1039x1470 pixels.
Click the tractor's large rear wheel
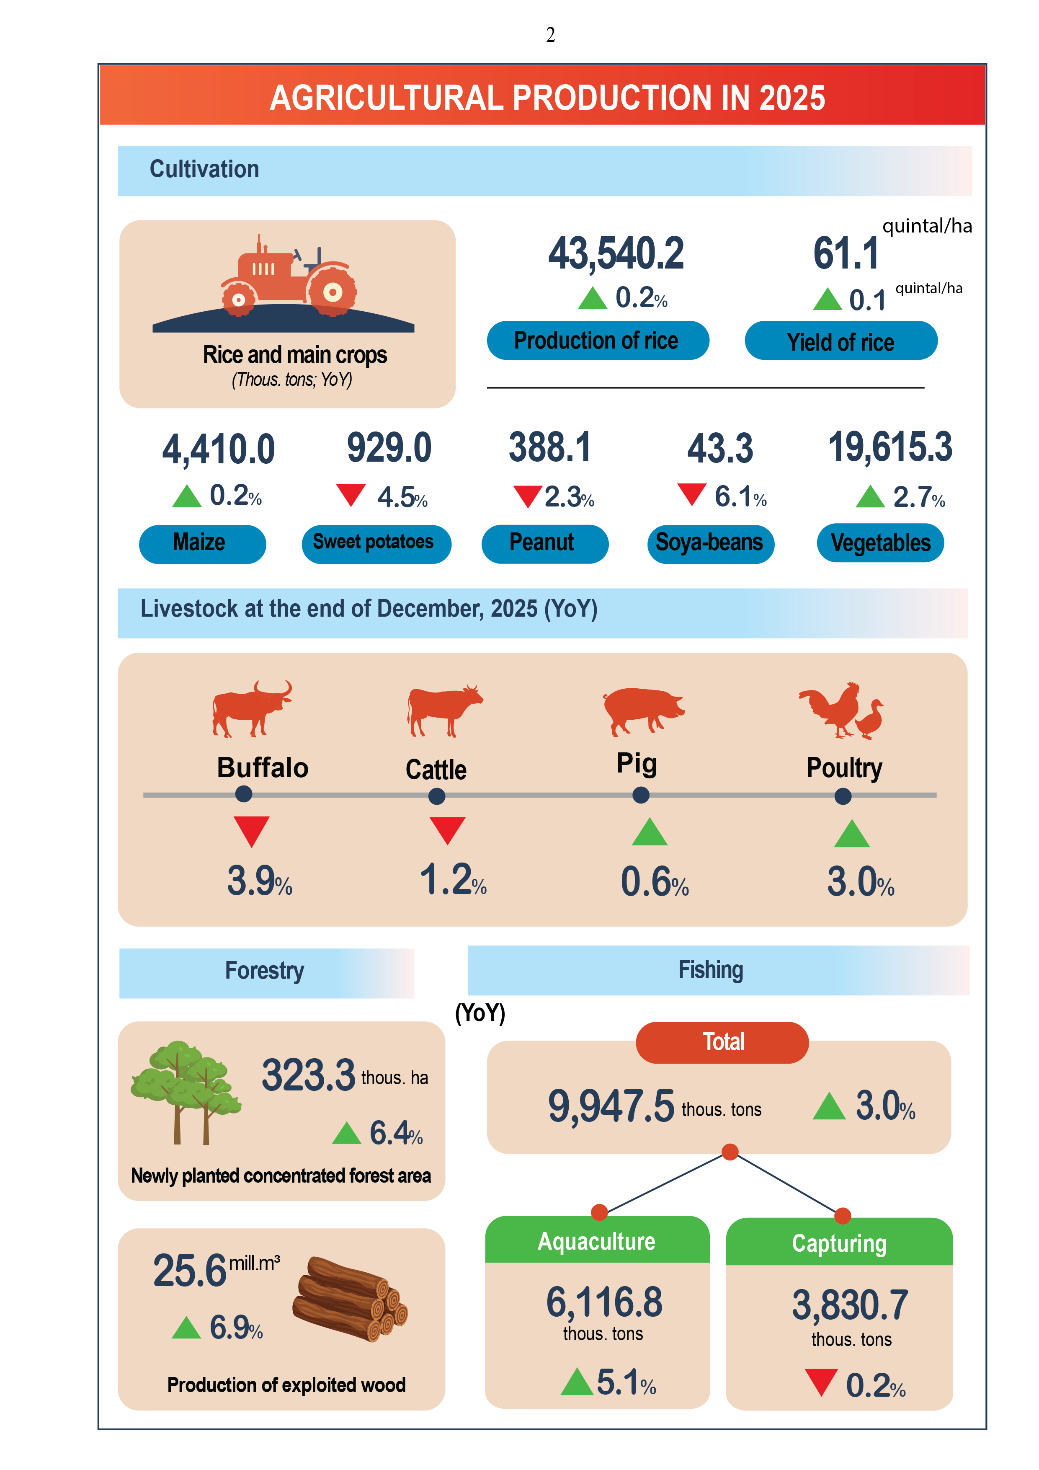coord(332,292)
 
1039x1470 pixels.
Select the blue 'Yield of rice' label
coord(840,342)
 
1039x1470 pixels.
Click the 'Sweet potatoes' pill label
coord(376,543)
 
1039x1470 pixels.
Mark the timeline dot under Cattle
coord(437,796)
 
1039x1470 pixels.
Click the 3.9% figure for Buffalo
coord(259,881)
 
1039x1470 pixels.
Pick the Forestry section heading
coord(264,971)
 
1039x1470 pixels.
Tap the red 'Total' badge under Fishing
coord(722,1042)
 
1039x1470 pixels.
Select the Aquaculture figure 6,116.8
coord(604,1302)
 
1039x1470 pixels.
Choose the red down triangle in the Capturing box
coord(821,1381)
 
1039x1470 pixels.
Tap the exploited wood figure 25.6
coord(189,1271)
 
